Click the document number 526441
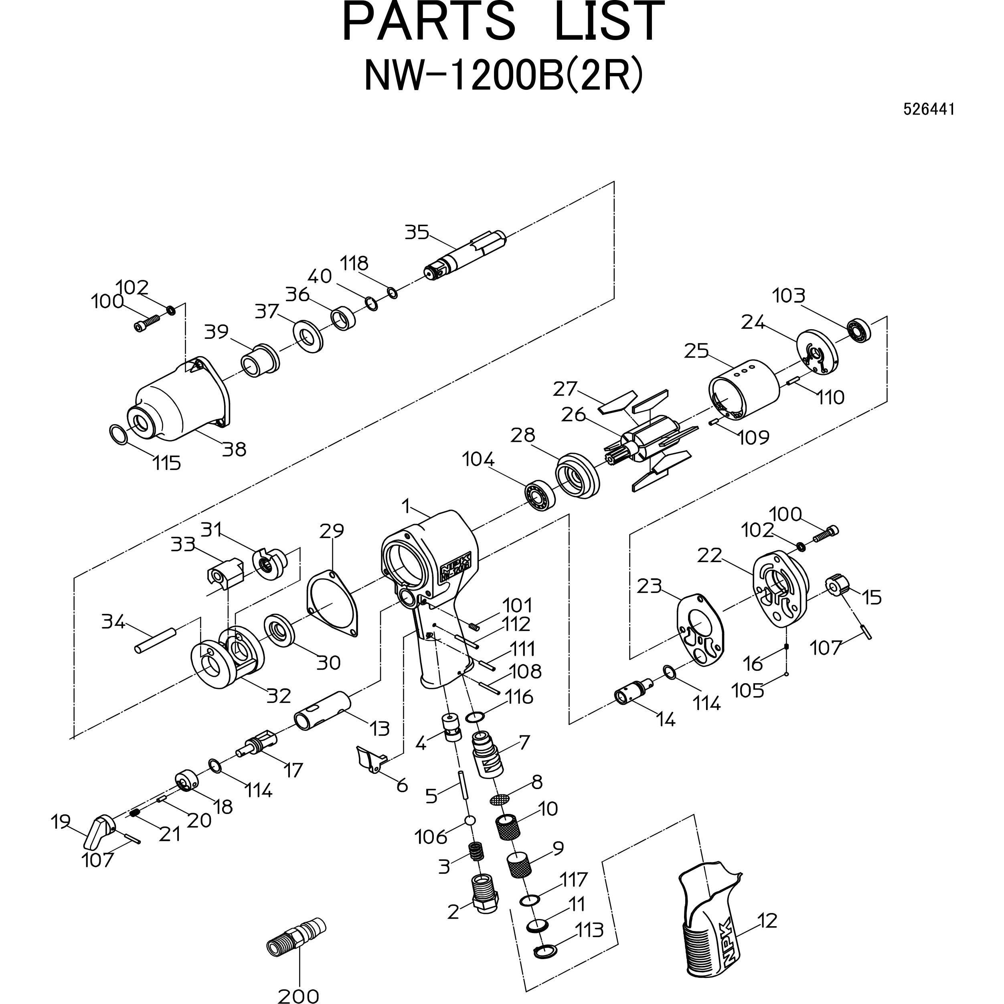coord(928,109)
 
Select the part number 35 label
coord(417,232)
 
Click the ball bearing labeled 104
coord(538,496)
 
